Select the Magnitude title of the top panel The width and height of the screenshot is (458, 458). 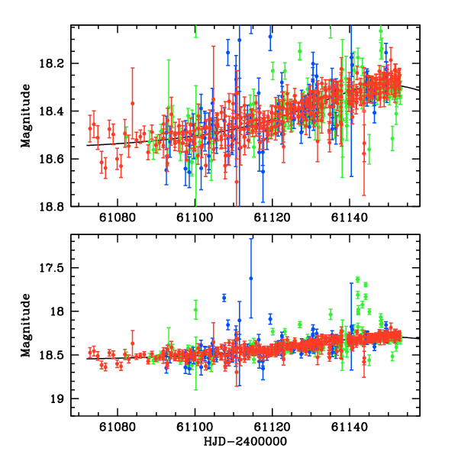(27, 116)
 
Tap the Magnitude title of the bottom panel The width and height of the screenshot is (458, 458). (27, 326)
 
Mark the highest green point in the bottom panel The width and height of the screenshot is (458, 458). (357, 279)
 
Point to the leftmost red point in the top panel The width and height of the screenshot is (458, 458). (90, 128)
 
